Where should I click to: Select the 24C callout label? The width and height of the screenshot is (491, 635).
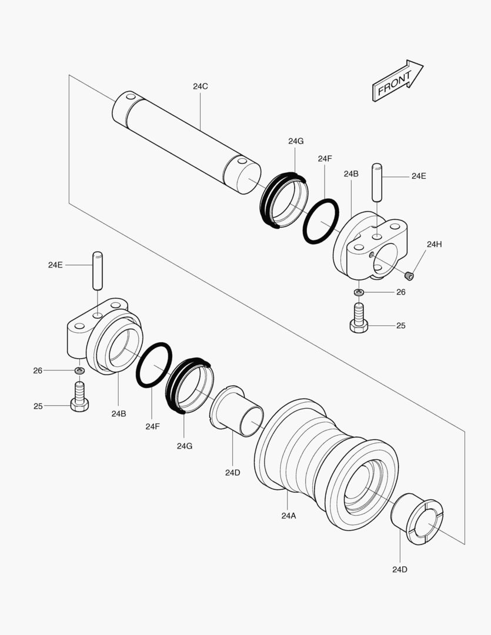200,86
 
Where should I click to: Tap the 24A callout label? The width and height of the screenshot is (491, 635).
288,516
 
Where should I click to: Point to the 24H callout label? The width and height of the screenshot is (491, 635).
434,244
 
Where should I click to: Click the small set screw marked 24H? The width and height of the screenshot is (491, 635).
410,274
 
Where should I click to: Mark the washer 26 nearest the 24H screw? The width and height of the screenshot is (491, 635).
359,292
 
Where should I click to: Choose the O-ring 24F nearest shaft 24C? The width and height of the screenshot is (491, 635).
321,220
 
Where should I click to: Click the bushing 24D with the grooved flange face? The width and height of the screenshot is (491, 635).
417,520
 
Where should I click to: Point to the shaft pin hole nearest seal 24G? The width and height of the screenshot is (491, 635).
241,160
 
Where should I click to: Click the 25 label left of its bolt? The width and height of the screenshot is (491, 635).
38,406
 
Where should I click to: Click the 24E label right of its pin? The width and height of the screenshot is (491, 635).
419,176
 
